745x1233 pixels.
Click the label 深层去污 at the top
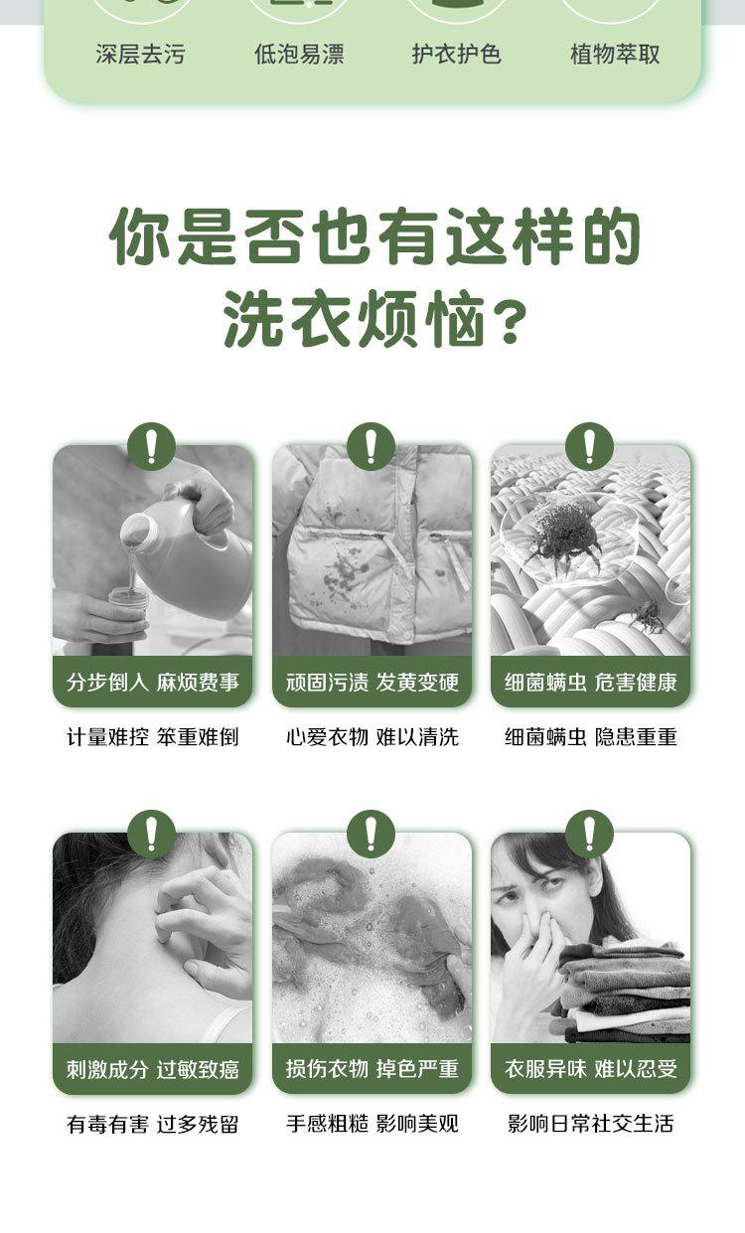(140, 54)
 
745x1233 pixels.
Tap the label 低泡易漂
(299, 54)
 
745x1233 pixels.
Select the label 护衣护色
(457, 54)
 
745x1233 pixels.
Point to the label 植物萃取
(615, 54)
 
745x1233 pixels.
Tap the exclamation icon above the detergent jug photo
(152, 446)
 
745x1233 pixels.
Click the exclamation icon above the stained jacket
(372, 446)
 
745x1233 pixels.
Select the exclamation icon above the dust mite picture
(590, 446)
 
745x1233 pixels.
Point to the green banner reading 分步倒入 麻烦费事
(152, 682)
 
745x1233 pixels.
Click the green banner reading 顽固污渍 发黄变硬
(372, 682)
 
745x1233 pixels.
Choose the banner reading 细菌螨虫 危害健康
(590, 682)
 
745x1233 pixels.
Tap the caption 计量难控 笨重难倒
(152, 736)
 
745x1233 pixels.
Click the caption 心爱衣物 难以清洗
(372, 736)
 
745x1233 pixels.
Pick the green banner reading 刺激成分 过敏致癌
(152, 1069)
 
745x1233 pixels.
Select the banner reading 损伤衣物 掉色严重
(372, 1069)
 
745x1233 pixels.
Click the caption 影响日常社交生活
(590, 1124)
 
